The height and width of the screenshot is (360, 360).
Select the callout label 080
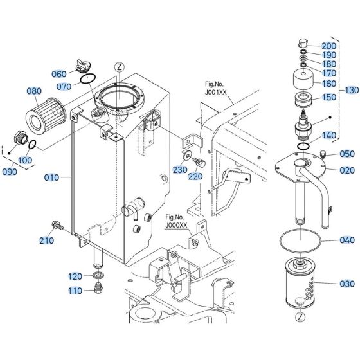point(33,91)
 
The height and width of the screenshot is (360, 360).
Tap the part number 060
point(59,73)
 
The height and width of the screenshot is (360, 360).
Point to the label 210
point(46,241)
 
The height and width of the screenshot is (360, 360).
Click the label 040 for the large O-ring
point(346,240)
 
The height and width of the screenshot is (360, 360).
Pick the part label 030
point(346,283)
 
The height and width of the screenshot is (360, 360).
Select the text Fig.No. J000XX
point(175,221)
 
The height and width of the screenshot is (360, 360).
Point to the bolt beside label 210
point(57,226)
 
